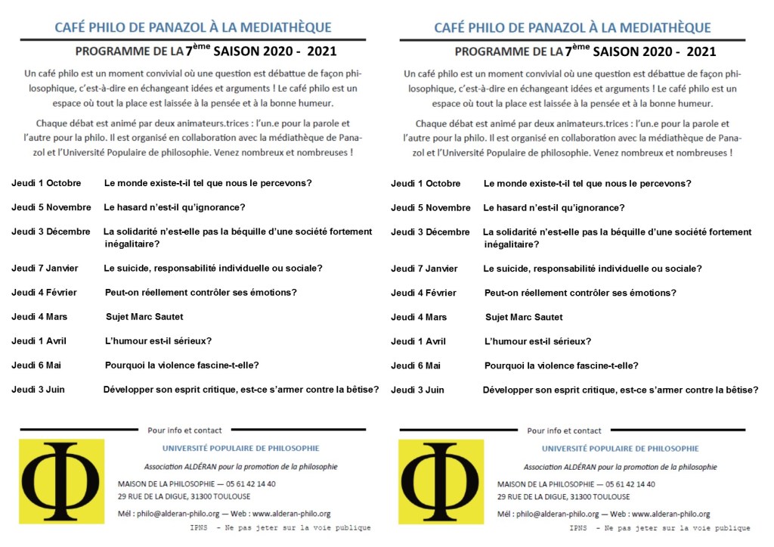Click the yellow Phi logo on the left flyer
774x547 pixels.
point(61,481)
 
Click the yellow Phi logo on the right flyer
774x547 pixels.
point(441,482)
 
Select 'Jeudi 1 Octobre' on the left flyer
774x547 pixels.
point(45,183)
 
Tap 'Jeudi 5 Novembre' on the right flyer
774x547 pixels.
point(430,208)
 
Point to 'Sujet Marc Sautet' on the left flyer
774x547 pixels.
point(144,317)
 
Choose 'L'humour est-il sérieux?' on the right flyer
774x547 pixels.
point(537,341)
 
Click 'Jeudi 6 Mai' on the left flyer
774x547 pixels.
point(36,365)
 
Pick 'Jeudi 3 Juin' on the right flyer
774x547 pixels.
point(417,390)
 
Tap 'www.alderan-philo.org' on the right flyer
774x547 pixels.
point(670,514)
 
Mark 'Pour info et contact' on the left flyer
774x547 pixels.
point(184,430)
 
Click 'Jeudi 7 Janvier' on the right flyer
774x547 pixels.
point(424,269)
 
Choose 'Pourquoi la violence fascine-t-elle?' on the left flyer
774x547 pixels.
point(181,365)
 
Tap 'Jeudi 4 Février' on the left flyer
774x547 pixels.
point(44,293)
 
